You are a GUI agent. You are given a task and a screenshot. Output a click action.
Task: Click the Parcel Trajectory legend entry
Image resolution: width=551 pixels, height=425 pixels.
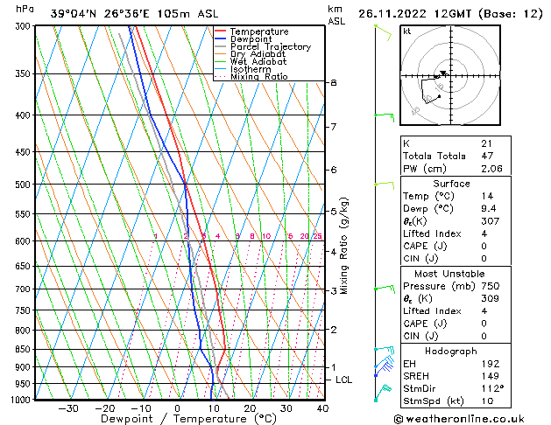[x=270, y=47]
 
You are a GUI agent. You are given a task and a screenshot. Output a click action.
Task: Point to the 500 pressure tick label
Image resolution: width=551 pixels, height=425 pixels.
[x=22, y=185]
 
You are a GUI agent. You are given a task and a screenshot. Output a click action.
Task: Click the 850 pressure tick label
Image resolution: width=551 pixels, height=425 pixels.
[x=22, y=349]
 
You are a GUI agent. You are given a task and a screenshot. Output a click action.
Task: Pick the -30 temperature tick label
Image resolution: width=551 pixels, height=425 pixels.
[x=68, y=408]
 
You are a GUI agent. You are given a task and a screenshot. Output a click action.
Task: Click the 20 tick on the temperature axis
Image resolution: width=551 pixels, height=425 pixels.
[x=250, y=408]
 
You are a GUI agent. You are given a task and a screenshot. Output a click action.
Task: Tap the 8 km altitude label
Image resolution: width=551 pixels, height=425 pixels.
[x=334, y=82]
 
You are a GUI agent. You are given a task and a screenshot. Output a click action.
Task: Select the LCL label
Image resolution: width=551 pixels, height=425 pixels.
[x=344, y=380]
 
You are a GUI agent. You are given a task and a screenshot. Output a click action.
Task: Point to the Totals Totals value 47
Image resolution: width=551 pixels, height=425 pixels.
[x=486, y=155]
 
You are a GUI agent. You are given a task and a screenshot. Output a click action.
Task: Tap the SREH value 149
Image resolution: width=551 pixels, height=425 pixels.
[x=489, y=375]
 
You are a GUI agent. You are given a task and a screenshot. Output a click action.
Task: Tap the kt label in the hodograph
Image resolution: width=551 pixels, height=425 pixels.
[x=406, y=31]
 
